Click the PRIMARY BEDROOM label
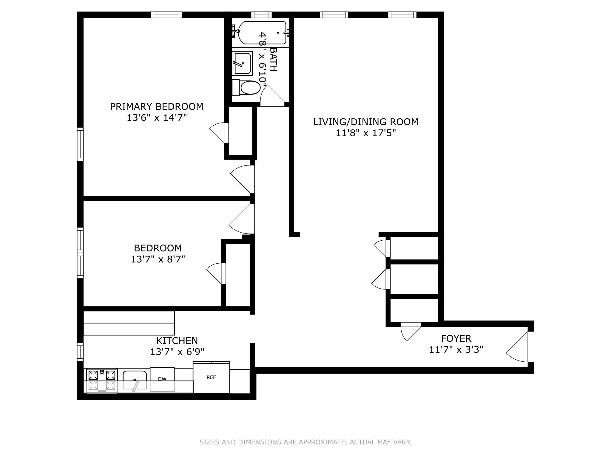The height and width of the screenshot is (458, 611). coord(157,106)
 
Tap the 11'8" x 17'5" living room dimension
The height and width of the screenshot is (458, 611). coord(365,133)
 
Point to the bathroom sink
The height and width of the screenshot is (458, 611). coord(242,63)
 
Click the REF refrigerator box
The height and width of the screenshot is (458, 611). coord(211,378)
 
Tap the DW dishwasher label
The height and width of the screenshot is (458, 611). coord(162,379)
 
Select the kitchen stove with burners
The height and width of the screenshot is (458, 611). coord(101,380)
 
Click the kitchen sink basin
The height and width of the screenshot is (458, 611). coord(135,380)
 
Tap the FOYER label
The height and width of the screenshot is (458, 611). coord(456,338)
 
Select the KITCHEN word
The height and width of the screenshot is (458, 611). coord(177,341)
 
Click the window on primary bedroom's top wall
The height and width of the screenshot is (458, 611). coord(166,15)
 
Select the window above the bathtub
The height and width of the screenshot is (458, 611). coord(261,15)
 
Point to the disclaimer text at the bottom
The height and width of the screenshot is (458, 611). coord(305,442)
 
